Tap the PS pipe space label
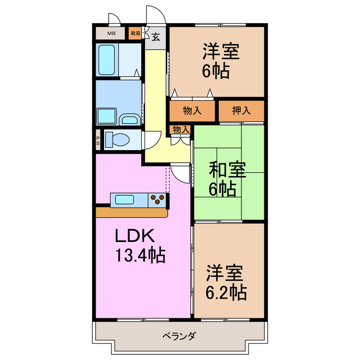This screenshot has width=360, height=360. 98,139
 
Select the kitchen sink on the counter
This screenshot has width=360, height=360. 123,199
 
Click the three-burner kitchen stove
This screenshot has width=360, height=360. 158,199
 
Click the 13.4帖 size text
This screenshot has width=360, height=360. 140,256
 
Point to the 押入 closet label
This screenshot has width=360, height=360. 241,111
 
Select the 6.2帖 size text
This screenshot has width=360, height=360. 224,293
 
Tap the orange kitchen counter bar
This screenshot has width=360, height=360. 132,213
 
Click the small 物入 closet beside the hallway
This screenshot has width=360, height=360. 181,130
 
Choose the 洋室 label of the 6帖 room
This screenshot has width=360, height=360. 221,51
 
